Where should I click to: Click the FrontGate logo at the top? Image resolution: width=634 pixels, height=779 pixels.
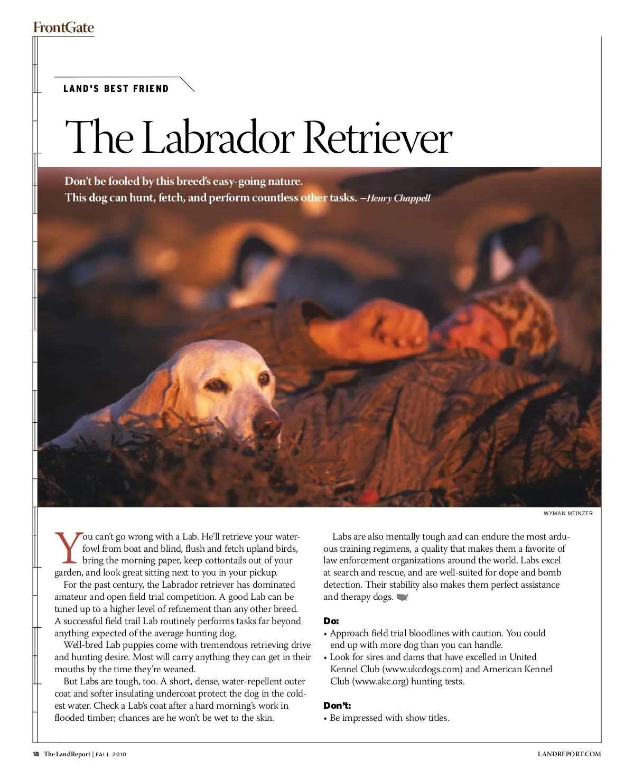(x=63, y=27)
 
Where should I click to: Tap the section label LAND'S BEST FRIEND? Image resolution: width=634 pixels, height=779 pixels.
(x=116, y=89)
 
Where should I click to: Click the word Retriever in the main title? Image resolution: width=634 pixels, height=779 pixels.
(x=378, y=137)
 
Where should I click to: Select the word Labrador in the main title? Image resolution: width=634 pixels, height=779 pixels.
(x=218, y=137)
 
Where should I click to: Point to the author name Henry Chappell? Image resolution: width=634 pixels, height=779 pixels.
(x=398, y=199)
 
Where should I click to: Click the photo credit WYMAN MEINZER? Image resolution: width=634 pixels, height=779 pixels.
(x=568, y=513)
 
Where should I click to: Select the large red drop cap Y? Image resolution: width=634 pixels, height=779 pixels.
(x=68, y=548)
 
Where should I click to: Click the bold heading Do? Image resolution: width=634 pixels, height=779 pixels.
(x=331, y=621)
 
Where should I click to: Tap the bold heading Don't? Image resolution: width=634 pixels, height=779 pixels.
(x=337, y=706)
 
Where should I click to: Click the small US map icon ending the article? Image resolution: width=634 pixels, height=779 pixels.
(x=403, y=597)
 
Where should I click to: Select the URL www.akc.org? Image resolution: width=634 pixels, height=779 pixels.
(x=380, y=681)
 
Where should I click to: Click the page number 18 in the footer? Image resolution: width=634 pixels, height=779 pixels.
(x=36, y=754)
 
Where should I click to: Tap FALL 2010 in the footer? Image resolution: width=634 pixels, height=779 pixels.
(x=111, y=754)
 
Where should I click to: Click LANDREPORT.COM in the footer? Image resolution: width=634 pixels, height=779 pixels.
(x=569, y=754)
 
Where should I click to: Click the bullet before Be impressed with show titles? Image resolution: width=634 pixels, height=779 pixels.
(x=325, y=718)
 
